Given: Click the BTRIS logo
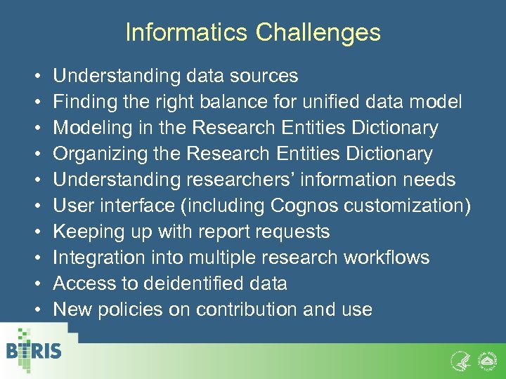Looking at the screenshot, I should [33, 351].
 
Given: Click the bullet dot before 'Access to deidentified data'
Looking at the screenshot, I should [35, 284].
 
